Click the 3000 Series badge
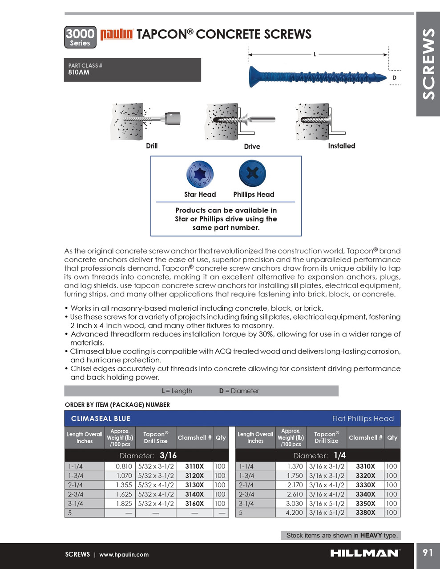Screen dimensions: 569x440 (80, 37)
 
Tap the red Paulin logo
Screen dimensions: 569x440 (117, 34)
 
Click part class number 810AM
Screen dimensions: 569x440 (79, 72)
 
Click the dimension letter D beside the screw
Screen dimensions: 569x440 (394, 78)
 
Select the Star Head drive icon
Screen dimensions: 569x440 (200, 174)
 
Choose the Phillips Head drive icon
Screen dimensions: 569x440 (252, 173)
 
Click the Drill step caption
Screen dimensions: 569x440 (152, 146)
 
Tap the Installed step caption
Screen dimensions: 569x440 (341, 146)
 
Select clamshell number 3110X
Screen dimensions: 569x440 (194, 466)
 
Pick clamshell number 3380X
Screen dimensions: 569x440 (365, 513)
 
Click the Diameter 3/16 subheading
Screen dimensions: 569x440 (148, 456)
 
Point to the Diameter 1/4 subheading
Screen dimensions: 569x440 (319, 456)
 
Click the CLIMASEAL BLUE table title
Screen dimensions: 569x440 (101, 419)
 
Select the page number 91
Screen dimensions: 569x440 (428, 553)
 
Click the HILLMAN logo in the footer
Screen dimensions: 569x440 (365, 553)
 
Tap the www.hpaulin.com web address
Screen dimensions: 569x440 (124, 555)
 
